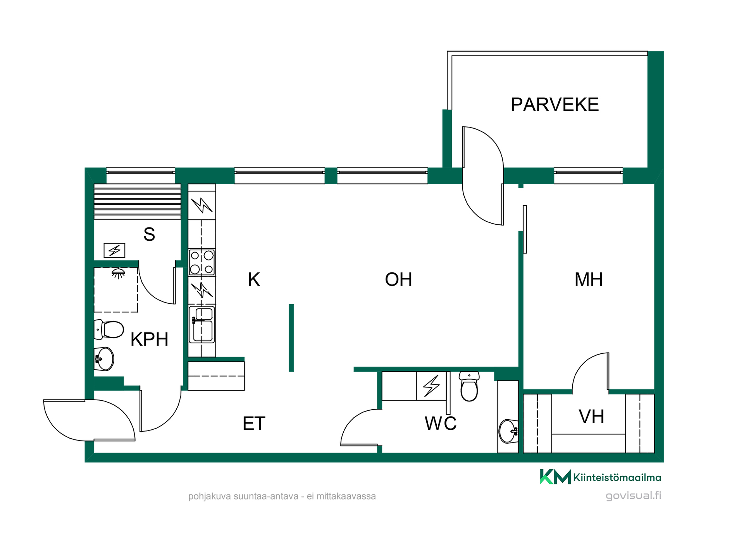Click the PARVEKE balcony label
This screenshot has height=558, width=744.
555,105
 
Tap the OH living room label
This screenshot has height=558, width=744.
398,279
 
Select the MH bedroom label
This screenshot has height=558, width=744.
589,279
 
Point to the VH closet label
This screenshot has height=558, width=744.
591,417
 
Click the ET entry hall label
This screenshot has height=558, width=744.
254,424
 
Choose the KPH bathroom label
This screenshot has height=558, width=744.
149,339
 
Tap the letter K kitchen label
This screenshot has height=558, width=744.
254,279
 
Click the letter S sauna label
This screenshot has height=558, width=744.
149,234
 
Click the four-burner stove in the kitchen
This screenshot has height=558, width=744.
202,262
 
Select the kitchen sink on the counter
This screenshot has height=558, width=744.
202,324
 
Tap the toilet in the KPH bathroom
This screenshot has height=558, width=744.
109,329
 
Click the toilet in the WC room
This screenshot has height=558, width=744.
469,386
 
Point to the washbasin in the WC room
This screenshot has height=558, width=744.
508,431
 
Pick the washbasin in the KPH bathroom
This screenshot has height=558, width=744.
104,359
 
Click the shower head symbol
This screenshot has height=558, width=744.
119,273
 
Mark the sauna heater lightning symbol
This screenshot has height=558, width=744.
114,250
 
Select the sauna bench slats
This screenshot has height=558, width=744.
138,201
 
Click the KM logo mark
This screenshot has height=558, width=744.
555,477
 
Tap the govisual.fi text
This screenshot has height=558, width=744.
634,496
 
